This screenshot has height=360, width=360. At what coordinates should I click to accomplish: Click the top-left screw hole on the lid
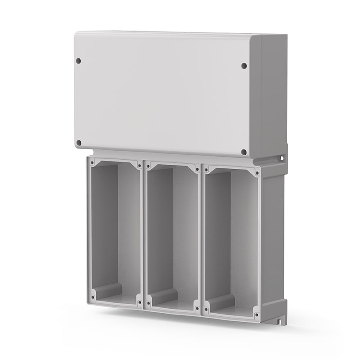pyautogui.click(x=78, y=60)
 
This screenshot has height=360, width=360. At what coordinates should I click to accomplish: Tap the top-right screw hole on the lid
pyautogui.click(x=244, y=66)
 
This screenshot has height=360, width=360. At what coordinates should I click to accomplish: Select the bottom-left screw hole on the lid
pyautogui.click(x=79, y=143)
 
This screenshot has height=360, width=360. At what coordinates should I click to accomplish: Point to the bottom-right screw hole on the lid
pyautogui.click(x=244, y=152)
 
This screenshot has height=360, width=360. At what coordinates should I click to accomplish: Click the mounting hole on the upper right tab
pyautogui.click(x=282, y=158)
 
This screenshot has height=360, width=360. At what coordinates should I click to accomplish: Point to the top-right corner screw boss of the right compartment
pyautogui.click(x=257, y=172)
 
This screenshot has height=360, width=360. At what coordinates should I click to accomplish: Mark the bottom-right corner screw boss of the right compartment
pyautogui.click(x=256, y=314)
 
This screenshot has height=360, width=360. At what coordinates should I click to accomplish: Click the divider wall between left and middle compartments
pyautogui.click(x=142, y=234)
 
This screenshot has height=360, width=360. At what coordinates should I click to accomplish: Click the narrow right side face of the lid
pyautogui.click(x=273, y=94)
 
